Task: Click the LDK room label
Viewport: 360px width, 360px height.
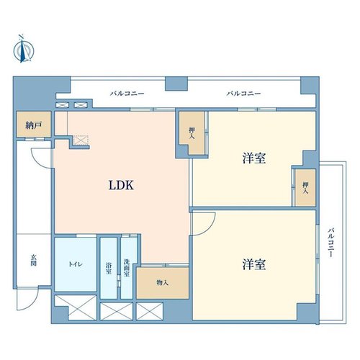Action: pyautogui.click(x=121, y=185)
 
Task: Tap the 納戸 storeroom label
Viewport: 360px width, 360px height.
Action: pyautogui.click(x=34, y=125)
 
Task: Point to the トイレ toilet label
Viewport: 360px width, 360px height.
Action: pyautogui.click(x=76, y=264)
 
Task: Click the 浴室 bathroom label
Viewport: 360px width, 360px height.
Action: pyautogui.click(x=109, y=269)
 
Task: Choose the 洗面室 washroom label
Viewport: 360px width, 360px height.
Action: pyautogui.click(x=127, y=268)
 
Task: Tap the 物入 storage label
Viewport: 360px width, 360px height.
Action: pyautogui.click(x=163, y=283)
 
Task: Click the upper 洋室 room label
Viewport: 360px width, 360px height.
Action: pyautogui.click(x=254, y=158)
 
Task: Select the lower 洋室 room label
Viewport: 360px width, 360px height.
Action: pyautogui.click(x=254, y=264)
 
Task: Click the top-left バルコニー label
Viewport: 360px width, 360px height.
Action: pyautogui.click(x=127, y=94)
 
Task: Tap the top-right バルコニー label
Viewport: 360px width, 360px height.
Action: pyautogui.click(x=244, y=94)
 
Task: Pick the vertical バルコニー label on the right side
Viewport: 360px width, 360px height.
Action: pyautogui.click(x=331, y=243)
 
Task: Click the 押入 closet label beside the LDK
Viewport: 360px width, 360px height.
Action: pyautogui.click(x=192, y=133)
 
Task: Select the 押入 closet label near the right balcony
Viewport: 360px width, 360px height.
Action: pyautogui.click(x=305, y=188)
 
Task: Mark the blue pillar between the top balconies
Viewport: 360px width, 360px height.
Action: pyautogui.click(x=176, y=84)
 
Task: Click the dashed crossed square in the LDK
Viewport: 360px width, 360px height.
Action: pyautogui.click(x=81, y=140)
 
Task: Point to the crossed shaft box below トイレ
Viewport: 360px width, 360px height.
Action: pyautogui.click(x=76, y=307)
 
